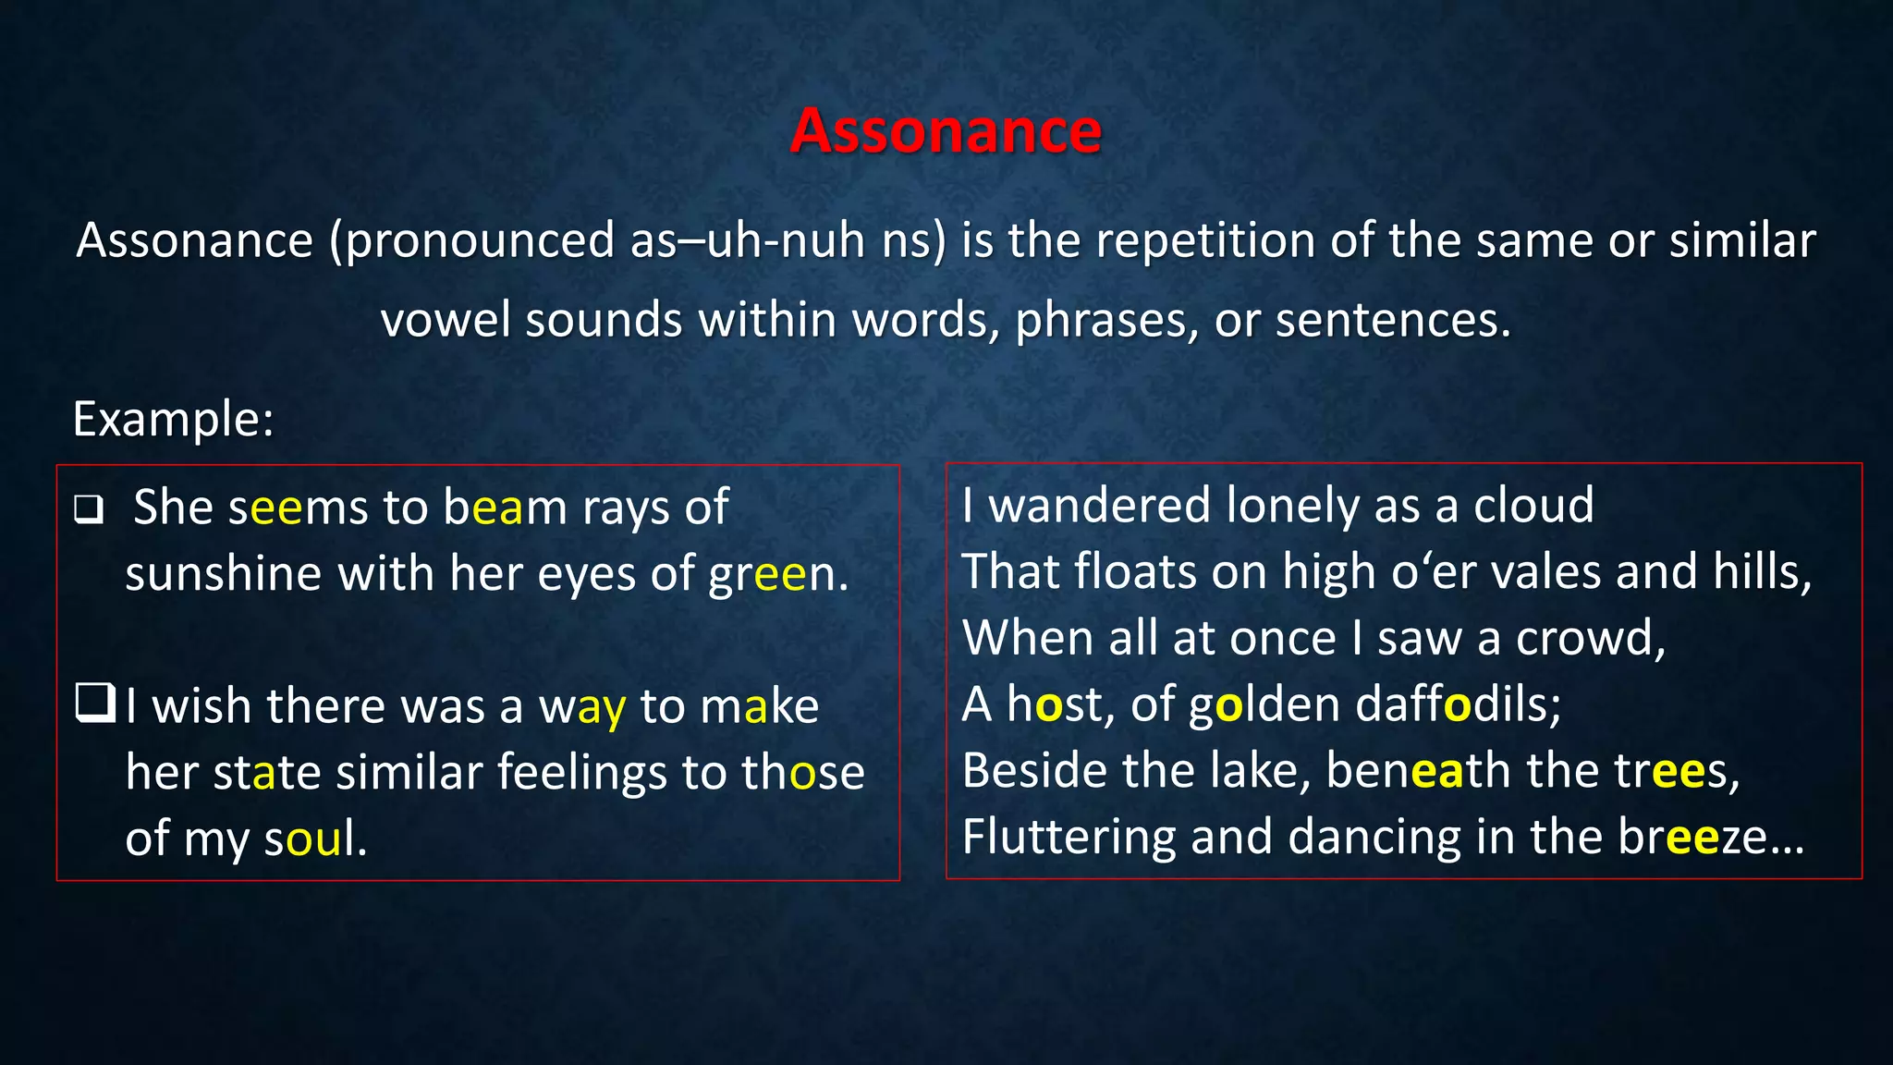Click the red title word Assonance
[x=946, y=130]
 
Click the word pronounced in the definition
[x=480, y=241]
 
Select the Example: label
[x=173, y=419]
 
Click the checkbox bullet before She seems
[x=89, y=509]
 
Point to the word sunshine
[x=224, y=574]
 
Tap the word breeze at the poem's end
[x=1691, y=837]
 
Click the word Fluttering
[x=1069, y=837]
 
